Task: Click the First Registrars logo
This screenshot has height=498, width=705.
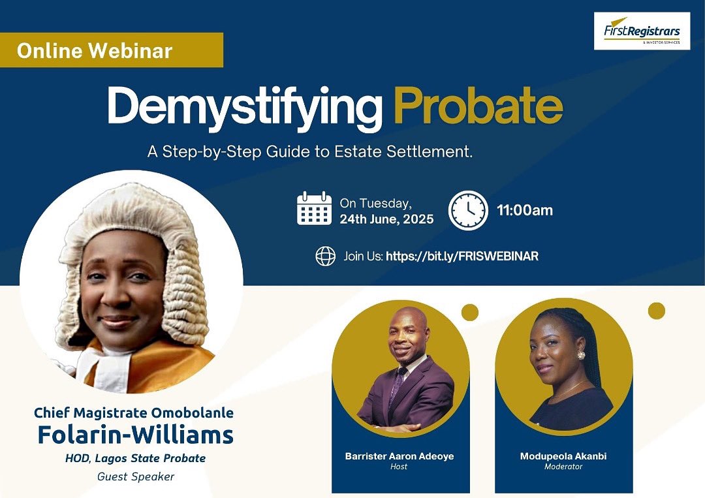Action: (642, 31)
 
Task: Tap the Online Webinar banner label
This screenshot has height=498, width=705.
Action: (95, 51)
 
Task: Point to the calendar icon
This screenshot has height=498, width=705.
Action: (314, 209)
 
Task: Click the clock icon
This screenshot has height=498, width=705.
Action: (468, 210)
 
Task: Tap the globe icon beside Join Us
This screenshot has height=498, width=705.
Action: (325, 257)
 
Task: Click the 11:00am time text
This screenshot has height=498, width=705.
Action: (525, 210)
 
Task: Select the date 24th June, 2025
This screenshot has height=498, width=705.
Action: (386, 219)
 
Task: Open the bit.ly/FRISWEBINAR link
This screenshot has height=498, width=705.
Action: (462, 257)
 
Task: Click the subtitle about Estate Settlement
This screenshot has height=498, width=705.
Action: (309, 153)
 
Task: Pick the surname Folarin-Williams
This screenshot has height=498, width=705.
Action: (135, 435)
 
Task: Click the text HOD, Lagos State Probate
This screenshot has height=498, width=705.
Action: (135, 458)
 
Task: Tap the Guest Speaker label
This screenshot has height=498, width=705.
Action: (135, 476)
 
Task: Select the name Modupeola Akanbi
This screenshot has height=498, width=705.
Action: (563, 456)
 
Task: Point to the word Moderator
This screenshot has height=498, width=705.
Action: (563, 467)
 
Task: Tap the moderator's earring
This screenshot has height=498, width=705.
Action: (580, 355)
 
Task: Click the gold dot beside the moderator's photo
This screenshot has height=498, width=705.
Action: (656, 311)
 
